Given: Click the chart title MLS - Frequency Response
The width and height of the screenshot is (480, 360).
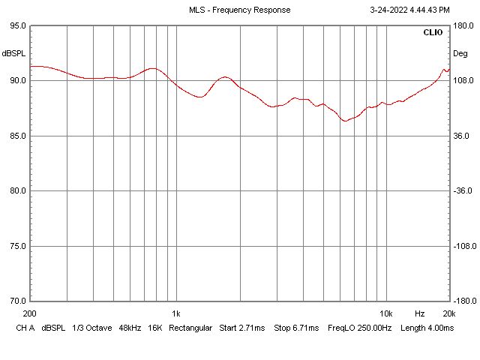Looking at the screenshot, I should point(239,10).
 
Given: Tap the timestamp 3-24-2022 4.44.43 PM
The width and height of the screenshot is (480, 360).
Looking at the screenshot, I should point(410,10).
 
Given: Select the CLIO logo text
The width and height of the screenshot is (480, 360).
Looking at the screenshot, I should point(433,33).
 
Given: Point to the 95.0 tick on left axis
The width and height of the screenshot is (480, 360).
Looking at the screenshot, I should point(17,25).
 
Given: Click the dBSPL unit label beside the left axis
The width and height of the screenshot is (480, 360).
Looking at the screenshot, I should point(13,53).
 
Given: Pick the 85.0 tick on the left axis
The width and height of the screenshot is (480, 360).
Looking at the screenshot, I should point(17,136).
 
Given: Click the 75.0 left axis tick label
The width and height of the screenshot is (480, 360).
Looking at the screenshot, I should point(17,246).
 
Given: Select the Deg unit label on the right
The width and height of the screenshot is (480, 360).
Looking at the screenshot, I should point(460,53).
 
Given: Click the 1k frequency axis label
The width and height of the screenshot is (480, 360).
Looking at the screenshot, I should point(175,313).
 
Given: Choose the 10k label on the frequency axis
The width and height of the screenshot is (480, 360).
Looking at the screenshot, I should point(385,313).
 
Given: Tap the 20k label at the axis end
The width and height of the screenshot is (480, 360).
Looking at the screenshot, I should point(448,313).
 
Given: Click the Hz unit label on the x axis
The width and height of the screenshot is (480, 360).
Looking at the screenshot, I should point(420,313).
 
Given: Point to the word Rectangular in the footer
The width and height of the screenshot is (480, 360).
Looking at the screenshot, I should point(190,328).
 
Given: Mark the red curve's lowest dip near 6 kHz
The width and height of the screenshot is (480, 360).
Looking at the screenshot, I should point(345,121).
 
